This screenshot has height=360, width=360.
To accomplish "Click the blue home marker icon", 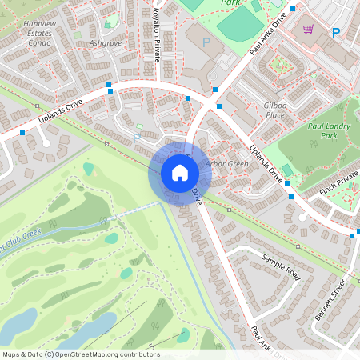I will [180, 173].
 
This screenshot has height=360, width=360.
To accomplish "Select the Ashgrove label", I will [105, 42].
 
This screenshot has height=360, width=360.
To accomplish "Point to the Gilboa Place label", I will [274, 110].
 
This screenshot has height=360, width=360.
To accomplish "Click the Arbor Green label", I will [226, 164].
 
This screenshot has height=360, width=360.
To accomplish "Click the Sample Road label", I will [280, 266].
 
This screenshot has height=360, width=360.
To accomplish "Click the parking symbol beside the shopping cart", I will [336, 33].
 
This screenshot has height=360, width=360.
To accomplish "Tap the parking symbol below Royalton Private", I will [137, 138].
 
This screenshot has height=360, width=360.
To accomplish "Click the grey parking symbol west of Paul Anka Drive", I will [206, 42].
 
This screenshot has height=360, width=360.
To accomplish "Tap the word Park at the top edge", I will [231, 3].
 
